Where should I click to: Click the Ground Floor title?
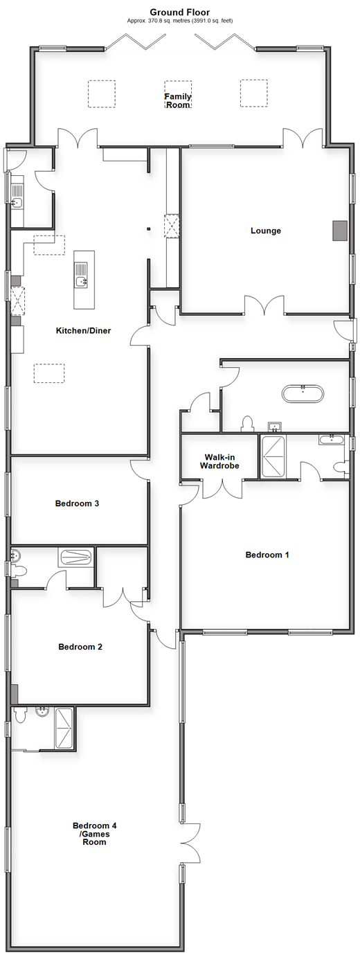click(180, 12)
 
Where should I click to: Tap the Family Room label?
click(178, 100)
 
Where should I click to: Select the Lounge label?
click(265, 231)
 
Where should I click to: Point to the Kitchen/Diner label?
click(84, 330)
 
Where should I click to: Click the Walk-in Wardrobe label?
click(219, 461)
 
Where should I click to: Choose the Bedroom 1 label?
click(267, 555)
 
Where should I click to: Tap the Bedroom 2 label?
click(80, 647)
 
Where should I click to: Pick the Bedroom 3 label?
click(77, 503)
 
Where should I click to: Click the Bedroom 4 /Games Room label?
click(95, 834)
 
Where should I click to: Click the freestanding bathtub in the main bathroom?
click(303, 393)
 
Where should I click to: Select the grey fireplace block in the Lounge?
click(340, 231)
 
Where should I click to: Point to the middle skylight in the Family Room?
click(178, 93)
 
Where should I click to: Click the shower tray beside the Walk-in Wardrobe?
click(273, 456)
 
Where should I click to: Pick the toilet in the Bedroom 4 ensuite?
click(19, 715)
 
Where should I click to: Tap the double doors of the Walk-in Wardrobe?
click(222, 489)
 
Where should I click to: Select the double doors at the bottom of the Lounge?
click(264, 305)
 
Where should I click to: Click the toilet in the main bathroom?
click(247, 423)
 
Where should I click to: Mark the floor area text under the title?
click(180, 21)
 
